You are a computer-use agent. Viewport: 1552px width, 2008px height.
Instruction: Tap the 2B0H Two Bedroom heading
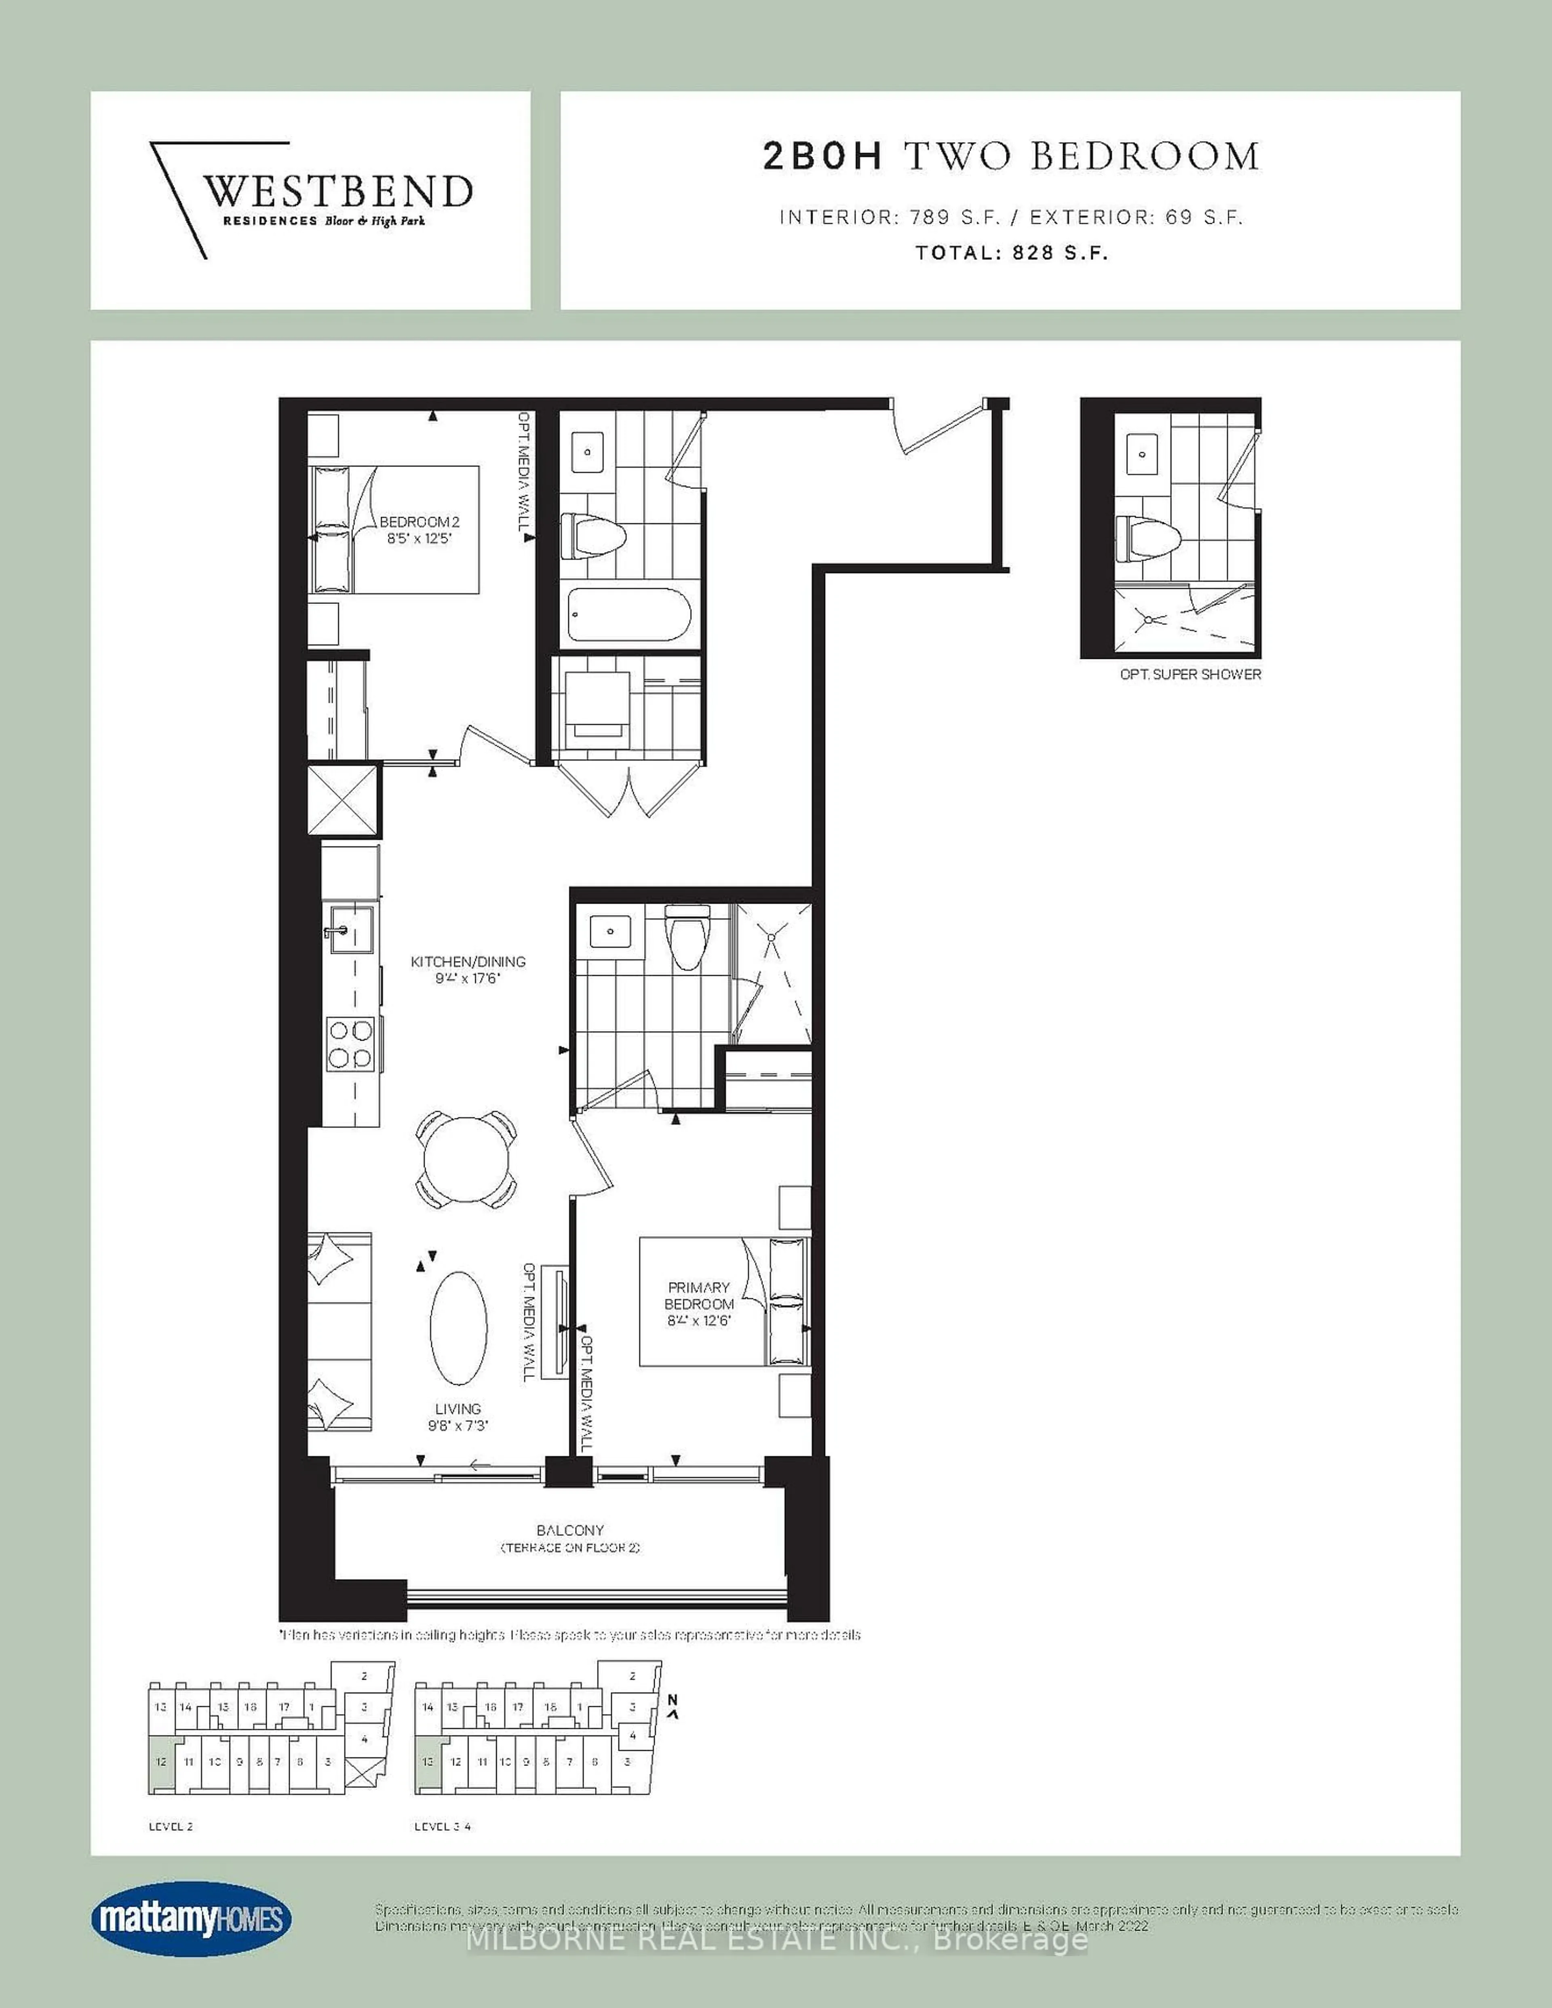tap(1010, 156)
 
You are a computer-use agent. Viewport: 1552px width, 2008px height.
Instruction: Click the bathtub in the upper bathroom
tap(630, 615)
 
